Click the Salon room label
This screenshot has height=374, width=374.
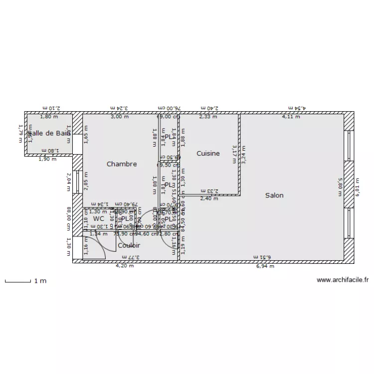pos(274,195)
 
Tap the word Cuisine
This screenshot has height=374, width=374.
pos(208,154)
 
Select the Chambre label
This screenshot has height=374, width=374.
pos(122,164)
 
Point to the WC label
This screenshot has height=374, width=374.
pos(99,218)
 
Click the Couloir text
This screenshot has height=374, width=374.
pos(129,245)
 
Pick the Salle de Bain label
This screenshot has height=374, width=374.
pos(49,133)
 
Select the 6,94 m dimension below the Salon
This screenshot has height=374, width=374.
pos(265,266)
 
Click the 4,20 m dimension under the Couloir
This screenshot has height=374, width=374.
pos(124,266)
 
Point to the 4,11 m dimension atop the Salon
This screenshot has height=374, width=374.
pos(291,117)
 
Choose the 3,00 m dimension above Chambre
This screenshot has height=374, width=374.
pos(119,117)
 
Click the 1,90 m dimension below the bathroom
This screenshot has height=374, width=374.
pos(48,160)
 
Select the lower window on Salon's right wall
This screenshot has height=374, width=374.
pos(350,224)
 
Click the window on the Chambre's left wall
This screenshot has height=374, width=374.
pos(78,182)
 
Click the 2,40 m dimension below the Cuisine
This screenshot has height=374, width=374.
pos(208,198)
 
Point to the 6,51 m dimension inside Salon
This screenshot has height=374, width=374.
pos(261,257)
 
